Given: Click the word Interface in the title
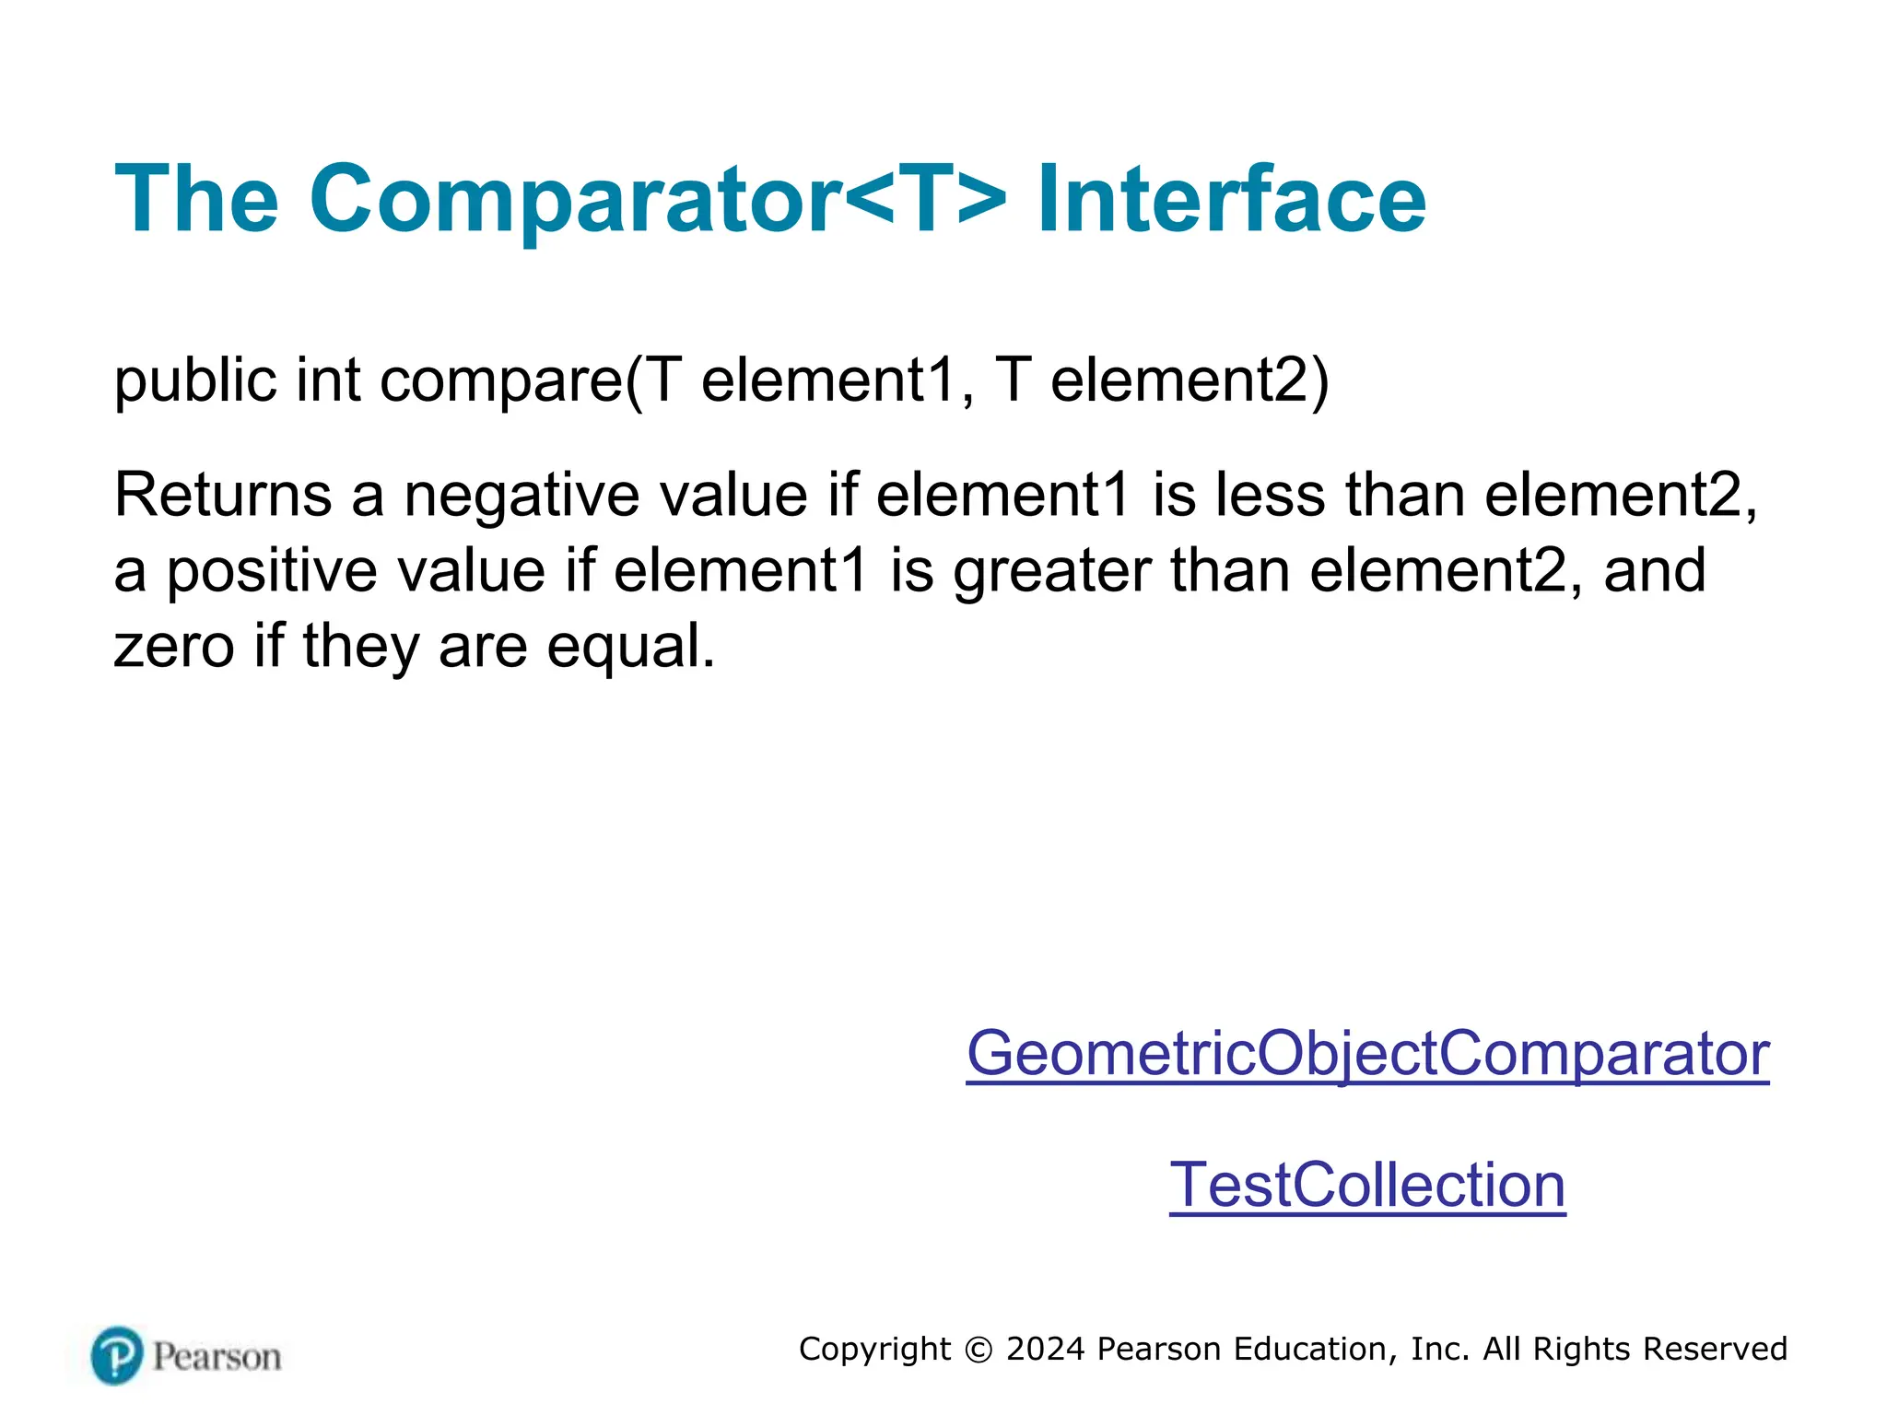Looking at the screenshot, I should tap(1231, 199).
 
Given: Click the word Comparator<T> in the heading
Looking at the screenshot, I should tap(658, 199).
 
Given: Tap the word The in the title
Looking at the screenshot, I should tap(196, 199).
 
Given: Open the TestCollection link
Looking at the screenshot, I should tap(1367, 1185).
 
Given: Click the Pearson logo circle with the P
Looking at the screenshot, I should tap(117, 1356).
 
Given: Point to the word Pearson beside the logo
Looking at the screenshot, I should tap(217, 1357).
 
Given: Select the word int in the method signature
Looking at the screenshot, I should tap(327, 380).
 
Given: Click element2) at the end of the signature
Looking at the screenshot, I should tap(1190, 380).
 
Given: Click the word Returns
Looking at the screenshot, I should tap(222, 495).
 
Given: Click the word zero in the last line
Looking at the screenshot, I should tap(174, 647).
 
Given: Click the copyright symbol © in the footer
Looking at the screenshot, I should tap(978, 1350).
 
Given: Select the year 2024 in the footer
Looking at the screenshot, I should tap(1046, 1349).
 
